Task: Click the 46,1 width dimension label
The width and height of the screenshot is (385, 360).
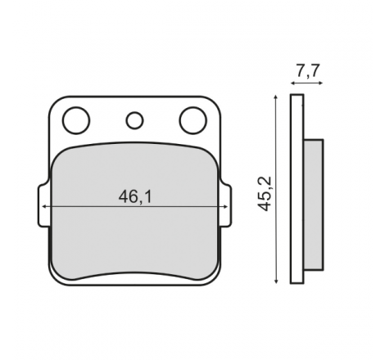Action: [x=134, y=197]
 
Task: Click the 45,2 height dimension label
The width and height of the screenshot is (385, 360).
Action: [x=265, y=194]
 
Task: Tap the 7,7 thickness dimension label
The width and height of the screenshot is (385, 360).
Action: [x=307, y=71]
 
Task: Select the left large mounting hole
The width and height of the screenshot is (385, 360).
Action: [x=76, y=120]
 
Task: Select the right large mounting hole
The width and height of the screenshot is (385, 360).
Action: [x=193, y=120]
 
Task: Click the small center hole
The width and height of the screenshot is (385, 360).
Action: [x=134, y=120]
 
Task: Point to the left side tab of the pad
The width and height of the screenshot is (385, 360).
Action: [x=43, y=205]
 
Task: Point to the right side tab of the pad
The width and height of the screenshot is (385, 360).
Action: [x=226, y=205]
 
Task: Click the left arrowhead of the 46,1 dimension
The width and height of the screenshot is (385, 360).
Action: [x=43, y=207]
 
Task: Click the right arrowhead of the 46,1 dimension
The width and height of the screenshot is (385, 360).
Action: [x=225, y=207]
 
